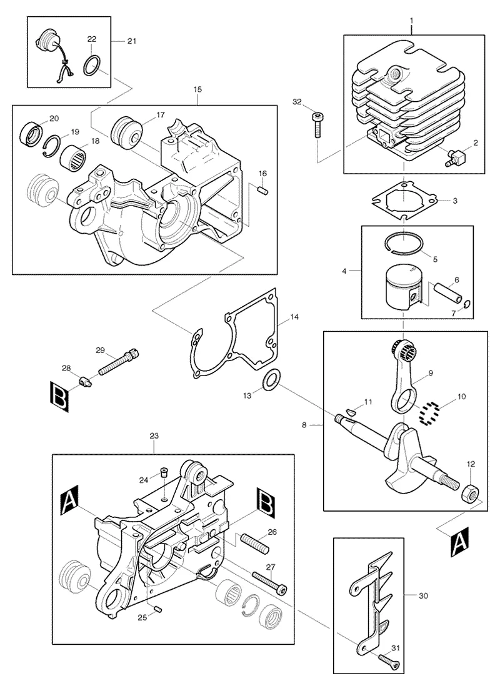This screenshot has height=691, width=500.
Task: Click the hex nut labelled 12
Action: tap(469, 494)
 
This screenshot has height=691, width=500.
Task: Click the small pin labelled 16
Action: tap(262, 190)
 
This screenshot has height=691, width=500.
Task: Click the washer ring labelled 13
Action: tap(270, 380)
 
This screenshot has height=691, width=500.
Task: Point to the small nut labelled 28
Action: tap(84, 380)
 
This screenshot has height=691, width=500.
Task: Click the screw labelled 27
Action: tap(269, 582)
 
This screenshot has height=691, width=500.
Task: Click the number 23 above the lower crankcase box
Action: tap(154, 436)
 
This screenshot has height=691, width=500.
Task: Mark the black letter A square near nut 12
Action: tap(459, 542)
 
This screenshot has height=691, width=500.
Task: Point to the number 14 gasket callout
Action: tap(294, 317)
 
